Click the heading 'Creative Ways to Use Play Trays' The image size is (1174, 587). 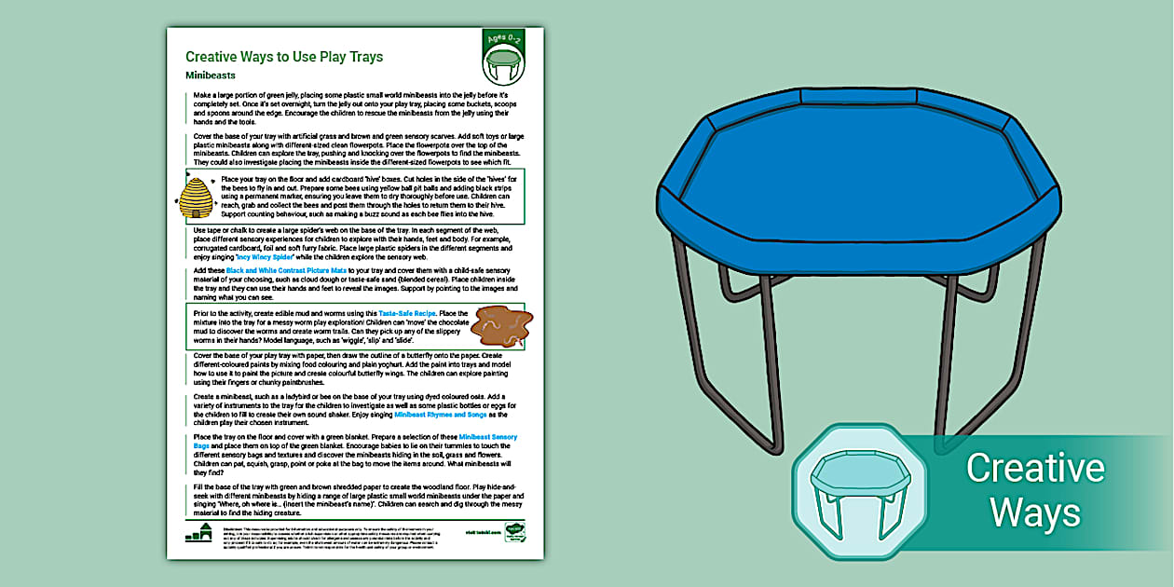point(284,57)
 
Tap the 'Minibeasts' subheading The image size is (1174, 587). point(210,75)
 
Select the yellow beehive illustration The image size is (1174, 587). point(196,198)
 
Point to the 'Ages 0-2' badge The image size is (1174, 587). point(503,42)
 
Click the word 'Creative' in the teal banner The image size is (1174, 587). point(1034,468)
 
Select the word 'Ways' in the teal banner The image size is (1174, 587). point(1034,512)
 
